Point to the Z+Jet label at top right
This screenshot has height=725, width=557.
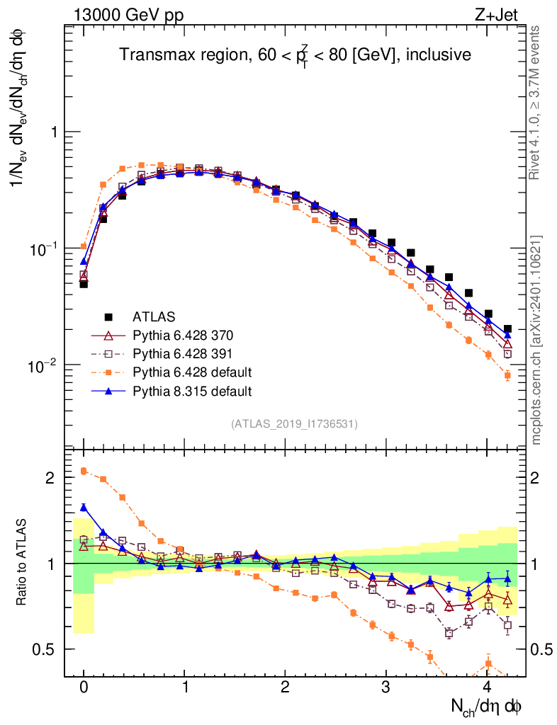[500, 15]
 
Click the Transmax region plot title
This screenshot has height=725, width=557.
[295, 55]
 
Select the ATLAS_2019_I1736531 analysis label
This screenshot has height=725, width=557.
[294, 424]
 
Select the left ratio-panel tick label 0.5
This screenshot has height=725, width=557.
[46, 649]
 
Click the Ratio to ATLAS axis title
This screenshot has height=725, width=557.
[22, 563]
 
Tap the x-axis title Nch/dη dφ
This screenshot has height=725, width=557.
[487, 706]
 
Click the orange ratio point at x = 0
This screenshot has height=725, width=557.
[84, 471]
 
